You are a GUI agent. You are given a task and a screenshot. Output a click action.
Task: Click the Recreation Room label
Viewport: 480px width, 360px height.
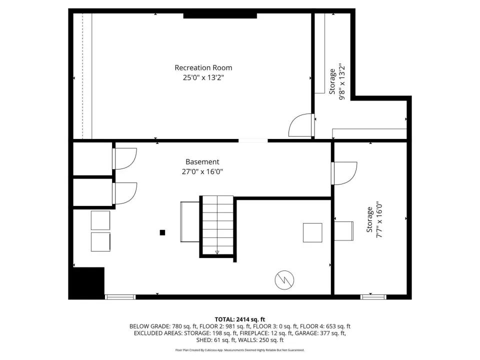tap(203, 67)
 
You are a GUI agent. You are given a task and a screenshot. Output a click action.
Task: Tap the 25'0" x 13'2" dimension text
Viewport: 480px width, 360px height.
tap(203, 77)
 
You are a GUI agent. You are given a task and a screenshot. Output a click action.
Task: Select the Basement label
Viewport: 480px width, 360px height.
tap(202, 161)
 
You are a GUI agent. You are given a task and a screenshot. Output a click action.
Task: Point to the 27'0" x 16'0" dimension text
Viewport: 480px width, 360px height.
tap(202, 171)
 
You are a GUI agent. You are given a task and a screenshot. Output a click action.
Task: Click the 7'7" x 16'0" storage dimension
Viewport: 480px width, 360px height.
tap(379, 219)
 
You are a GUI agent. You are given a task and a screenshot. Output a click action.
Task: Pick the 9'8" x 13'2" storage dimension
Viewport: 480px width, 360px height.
tap(342, 81)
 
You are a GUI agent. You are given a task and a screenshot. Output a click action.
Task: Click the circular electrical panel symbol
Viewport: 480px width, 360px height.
tap(284, 280)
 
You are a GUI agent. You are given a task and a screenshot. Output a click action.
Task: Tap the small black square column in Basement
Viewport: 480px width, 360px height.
tap(162, 232)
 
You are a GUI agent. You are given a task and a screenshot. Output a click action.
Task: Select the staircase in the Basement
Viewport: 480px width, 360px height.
tap(217, 225)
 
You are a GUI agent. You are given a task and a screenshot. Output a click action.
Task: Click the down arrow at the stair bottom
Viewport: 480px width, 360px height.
tap(217, 252)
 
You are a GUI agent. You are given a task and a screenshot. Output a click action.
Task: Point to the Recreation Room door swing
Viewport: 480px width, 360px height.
tap(300, 125)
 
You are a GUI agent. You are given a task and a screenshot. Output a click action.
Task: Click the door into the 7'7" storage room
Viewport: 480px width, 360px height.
tap(344, 173)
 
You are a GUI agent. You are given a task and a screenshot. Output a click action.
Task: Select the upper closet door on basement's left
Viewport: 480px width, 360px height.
tap(124, 158)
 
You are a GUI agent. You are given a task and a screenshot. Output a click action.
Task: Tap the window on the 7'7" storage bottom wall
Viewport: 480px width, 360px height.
tap(373, 297)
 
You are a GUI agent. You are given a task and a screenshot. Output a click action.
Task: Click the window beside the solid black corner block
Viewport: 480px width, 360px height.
tap(120, 297)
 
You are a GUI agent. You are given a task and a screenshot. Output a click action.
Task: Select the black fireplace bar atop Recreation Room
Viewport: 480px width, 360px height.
tap(220, 15)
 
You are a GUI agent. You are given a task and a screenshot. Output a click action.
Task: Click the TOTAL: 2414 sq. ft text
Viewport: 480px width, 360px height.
tap(239, 319)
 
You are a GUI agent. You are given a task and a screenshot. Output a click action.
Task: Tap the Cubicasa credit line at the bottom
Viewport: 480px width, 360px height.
tap(239, 350)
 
